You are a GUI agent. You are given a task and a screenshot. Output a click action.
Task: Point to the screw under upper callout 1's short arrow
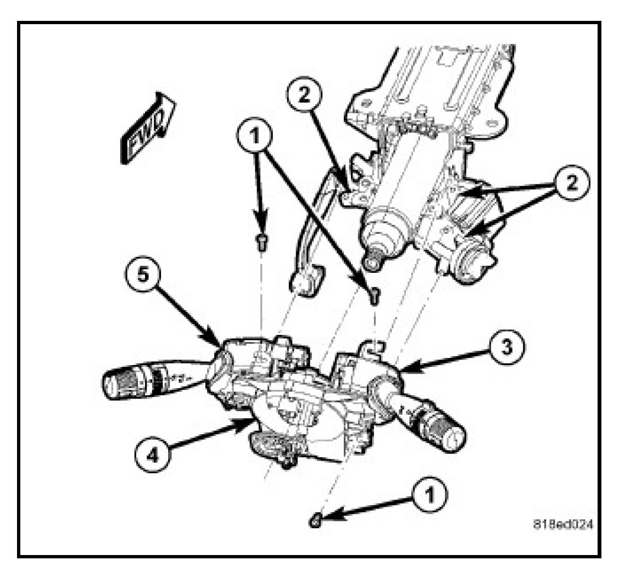click(x=263, y=241)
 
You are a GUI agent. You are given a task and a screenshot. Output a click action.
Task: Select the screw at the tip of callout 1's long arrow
click(x=374, y=296)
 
